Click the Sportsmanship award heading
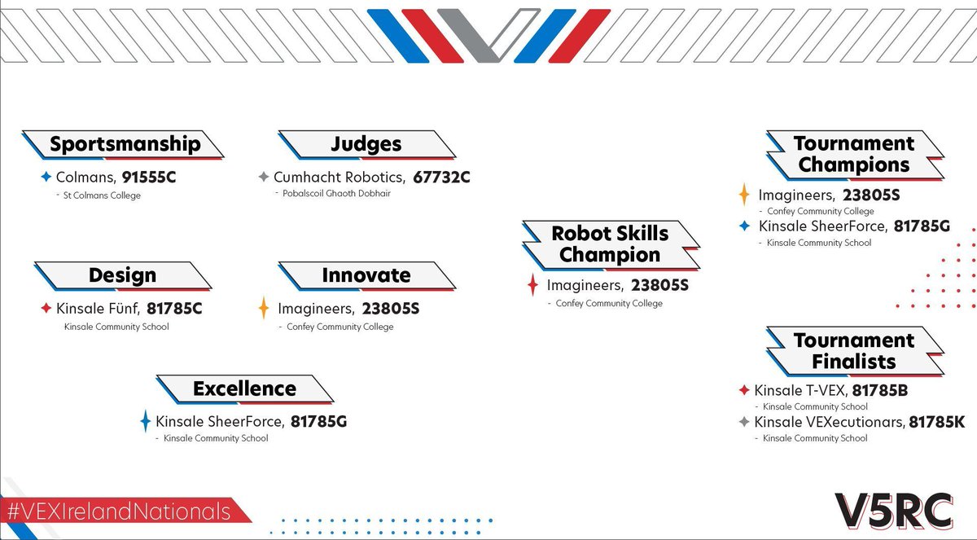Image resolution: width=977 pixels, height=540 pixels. point(125,144)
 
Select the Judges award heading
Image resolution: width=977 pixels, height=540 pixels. point(366,144)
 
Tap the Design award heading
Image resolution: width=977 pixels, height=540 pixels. point(122,275)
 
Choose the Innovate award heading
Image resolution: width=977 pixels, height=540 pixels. point(366,275)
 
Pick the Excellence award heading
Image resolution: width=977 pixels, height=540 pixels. point(244,389)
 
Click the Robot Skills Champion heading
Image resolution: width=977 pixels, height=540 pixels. point(610,244)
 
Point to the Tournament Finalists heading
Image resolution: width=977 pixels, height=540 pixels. point(854,351)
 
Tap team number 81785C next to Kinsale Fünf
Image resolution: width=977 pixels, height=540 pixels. point(174,309)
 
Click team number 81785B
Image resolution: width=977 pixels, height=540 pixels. point(879,390)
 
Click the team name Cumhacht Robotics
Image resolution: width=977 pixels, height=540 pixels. point(339,177)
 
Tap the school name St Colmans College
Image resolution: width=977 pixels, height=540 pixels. point(102,195)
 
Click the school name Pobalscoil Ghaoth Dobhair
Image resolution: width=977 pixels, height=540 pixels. point(336,194)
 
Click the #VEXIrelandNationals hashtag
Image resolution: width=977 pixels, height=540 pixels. point(118,511)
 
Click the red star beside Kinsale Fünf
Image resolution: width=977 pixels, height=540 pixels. point(46,309)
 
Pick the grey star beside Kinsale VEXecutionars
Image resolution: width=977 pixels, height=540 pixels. point(743,422)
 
